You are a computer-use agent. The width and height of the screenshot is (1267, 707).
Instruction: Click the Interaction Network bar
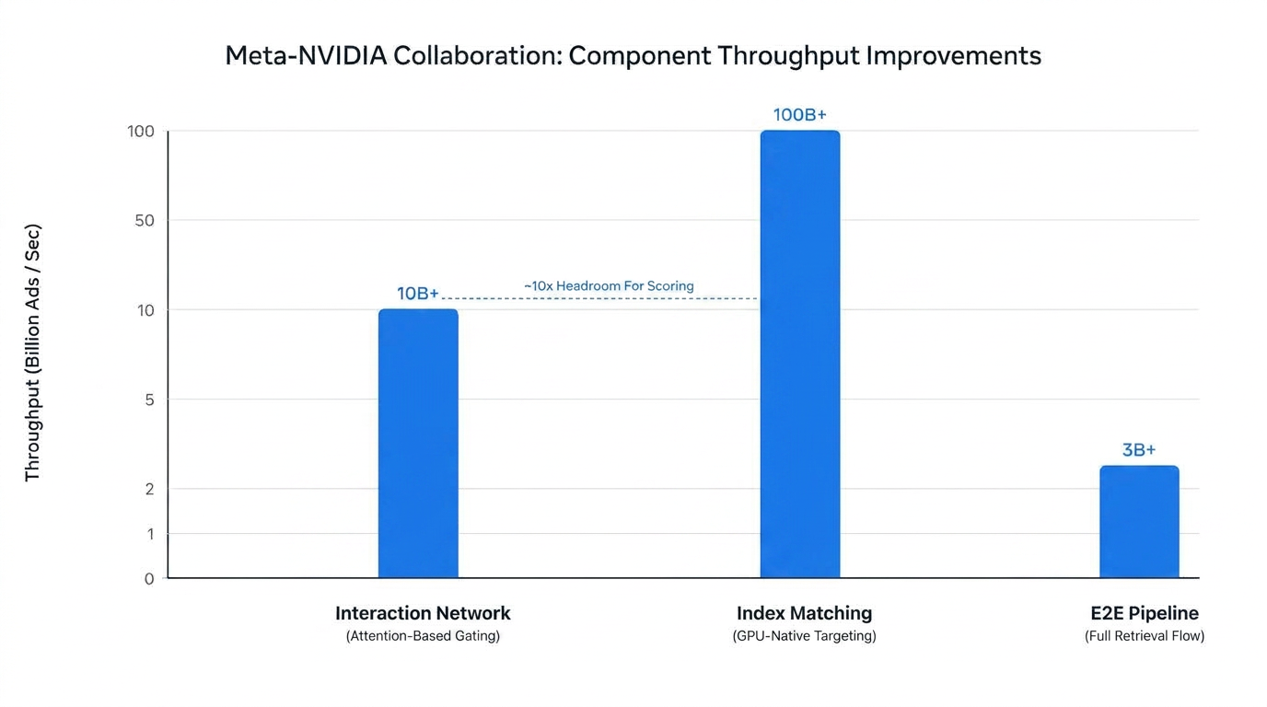[x=418, y=444]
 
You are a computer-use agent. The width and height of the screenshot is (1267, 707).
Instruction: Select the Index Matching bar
[x=800, y=354]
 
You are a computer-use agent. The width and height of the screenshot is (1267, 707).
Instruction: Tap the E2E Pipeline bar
[x=1139, y=521]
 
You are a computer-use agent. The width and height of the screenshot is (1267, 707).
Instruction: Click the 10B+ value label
[x=417, y=294]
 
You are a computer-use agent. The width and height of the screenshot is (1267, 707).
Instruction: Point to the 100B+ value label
[x=800, y=115]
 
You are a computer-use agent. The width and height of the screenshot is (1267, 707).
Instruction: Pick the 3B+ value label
[x=1139, y=450]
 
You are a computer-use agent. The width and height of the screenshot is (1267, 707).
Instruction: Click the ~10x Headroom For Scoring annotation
[x=609, y=286]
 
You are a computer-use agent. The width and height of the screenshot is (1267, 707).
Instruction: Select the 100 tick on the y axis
[x=141, y=132]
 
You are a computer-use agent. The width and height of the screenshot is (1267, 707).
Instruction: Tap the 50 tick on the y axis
[x=145, y=221]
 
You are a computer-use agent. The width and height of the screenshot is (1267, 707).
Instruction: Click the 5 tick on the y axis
[x=149, y=400]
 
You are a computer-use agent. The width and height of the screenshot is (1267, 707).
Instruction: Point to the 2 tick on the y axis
[x=149, y=489]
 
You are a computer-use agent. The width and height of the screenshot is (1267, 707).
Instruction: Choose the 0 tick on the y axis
[x=149, y=579]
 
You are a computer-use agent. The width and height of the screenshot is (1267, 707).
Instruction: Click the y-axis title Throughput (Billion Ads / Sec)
[x=32, y=353]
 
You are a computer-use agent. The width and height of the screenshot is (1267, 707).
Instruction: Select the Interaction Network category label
[x=423, y=613]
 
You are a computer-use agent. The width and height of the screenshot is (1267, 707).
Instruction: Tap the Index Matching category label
[x=804, y=613]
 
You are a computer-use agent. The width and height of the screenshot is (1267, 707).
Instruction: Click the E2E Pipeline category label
[x=1145, y=613]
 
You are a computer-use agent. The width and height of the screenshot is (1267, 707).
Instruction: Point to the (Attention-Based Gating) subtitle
[x=423, y=636]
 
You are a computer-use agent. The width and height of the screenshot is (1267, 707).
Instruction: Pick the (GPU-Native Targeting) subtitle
[x=804, y=636]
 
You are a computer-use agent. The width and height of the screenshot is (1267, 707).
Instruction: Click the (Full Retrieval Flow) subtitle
[x=1145, y=636]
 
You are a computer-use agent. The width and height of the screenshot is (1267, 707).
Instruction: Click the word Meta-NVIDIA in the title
[x=306, y=55]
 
